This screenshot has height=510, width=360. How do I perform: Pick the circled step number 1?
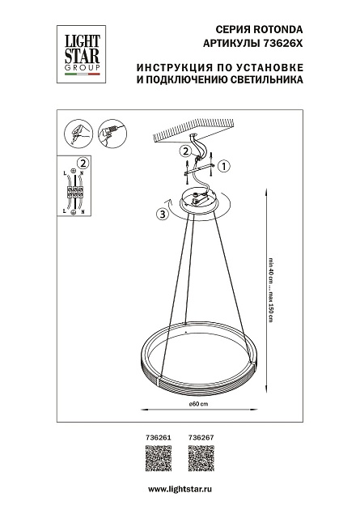[225, 166]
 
